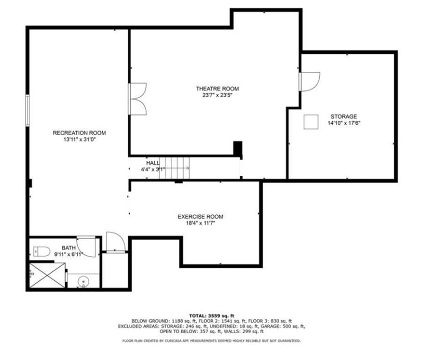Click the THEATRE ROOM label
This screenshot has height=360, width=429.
click(x=217, y=89)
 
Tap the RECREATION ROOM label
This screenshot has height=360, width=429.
click(x=79, y=133)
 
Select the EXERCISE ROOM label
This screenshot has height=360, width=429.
click(x=200, y=217)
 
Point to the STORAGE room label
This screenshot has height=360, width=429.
click(x=344, y=117)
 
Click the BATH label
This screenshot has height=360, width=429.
click(x=68, y=248)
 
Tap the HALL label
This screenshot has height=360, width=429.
click(x=153, y=163)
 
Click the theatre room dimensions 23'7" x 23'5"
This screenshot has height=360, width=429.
click(x=217, y=95)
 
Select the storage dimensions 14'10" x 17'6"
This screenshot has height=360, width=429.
click(x=344, y=123)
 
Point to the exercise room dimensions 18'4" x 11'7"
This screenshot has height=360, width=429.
click(x=200, y=223)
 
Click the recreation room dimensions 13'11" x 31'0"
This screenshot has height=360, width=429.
click(x=79, y=140)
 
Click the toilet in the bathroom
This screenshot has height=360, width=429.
click(x=42, y=251)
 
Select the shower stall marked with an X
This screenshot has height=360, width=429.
click(x=47, y=276)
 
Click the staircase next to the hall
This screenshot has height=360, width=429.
click(x=174, y=168)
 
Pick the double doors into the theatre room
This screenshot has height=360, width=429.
click(x=138, y=99)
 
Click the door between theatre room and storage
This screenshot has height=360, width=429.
click(x=310, y=82)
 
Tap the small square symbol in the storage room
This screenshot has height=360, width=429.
click(x=311, y=122)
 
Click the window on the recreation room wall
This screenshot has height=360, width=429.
click(x=27, y=110)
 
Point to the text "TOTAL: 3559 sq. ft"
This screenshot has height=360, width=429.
click(x=212, y=315)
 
